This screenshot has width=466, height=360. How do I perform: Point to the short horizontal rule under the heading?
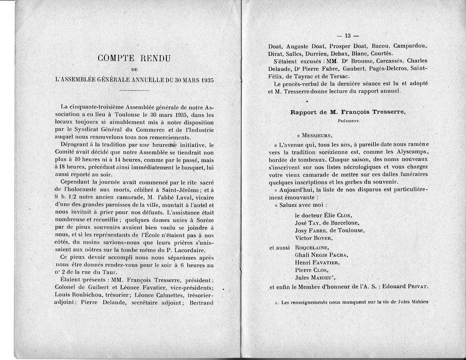click(x=134, y=90)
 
